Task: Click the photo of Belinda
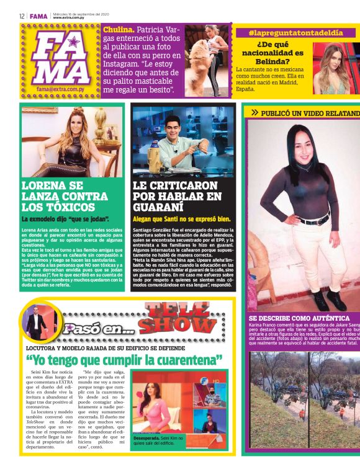click(335, 66)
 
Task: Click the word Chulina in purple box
click(117, 29)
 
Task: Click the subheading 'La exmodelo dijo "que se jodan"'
click(66, 220)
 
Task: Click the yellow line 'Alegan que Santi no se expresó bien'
click(182, 219)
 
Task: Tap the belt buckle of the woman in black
click(323, 220)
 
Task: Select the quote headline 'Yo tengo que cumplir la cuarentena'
click(124, 360)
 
